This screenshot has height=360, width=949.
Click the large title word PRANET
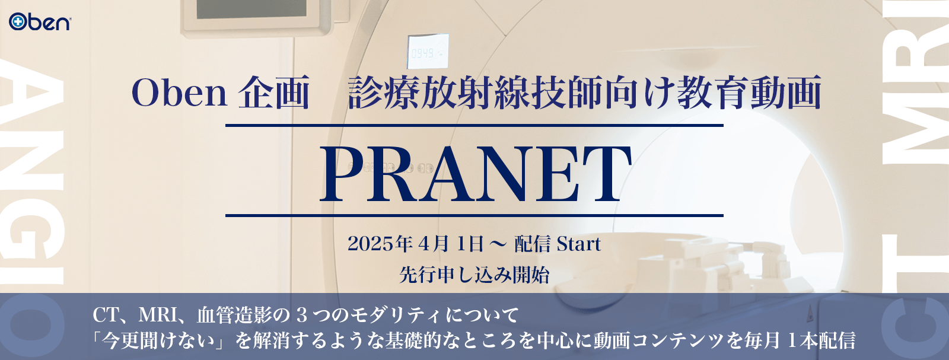pyautogui.click(x=475, y=173)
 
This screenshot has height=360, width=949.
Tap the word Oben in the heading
pyautogui.click(x=179, y=93)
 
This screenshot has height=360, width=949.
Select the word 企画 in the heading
pyautogui.click(x=274, y=93)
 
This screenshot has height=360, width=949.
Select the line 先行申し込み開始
pyautogui.click(x=474, y=275)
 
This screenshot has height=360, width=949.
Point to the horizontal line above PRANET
pyautogui.click(x=474, y=126)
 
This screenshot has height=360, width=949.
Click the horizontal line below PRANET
pyautogui.click(x=474, y=215)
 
